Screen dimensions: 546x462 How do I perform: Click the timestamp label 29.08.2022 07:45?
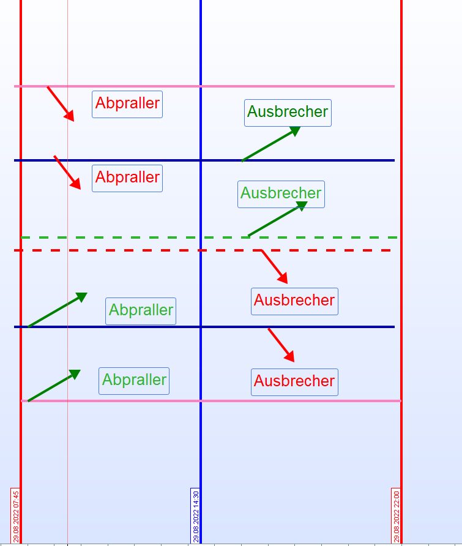[x=16, y=515]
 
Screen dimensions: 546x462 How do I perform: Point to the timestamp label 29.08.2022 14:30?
[x=196, y=515]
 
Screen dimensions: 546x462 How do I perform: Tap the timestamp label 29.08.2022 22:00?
[x=396, y=515]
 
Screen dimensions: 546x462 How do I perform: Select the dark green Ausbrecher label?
[x=288, y=113]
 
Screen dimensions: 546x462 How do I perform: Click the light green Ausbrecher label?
[x=281, y=193]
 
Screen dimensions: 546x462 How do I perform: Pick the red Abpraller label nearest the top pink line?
[x=127, y=104]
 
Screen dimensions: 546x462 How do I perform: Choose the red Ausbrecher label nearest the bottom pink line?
[x=294, y=381]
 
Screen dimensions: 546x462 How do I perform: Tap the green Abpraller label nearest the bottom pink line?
[x=134, y=380]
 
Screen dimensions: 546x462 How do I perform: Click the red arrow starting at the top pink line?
[x=61, y=103]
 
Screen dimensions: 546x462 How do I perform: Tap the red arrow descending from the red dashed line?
[x=274, y=266]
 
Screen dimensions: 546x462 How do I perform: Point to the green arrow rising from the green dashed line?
[x=277, y=219]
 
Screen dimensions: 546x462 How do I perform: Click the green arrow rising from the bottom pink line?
[x=54, y=386]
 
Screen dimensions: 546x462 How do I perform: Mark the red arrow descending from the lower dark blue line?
[x=281, y=345]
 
